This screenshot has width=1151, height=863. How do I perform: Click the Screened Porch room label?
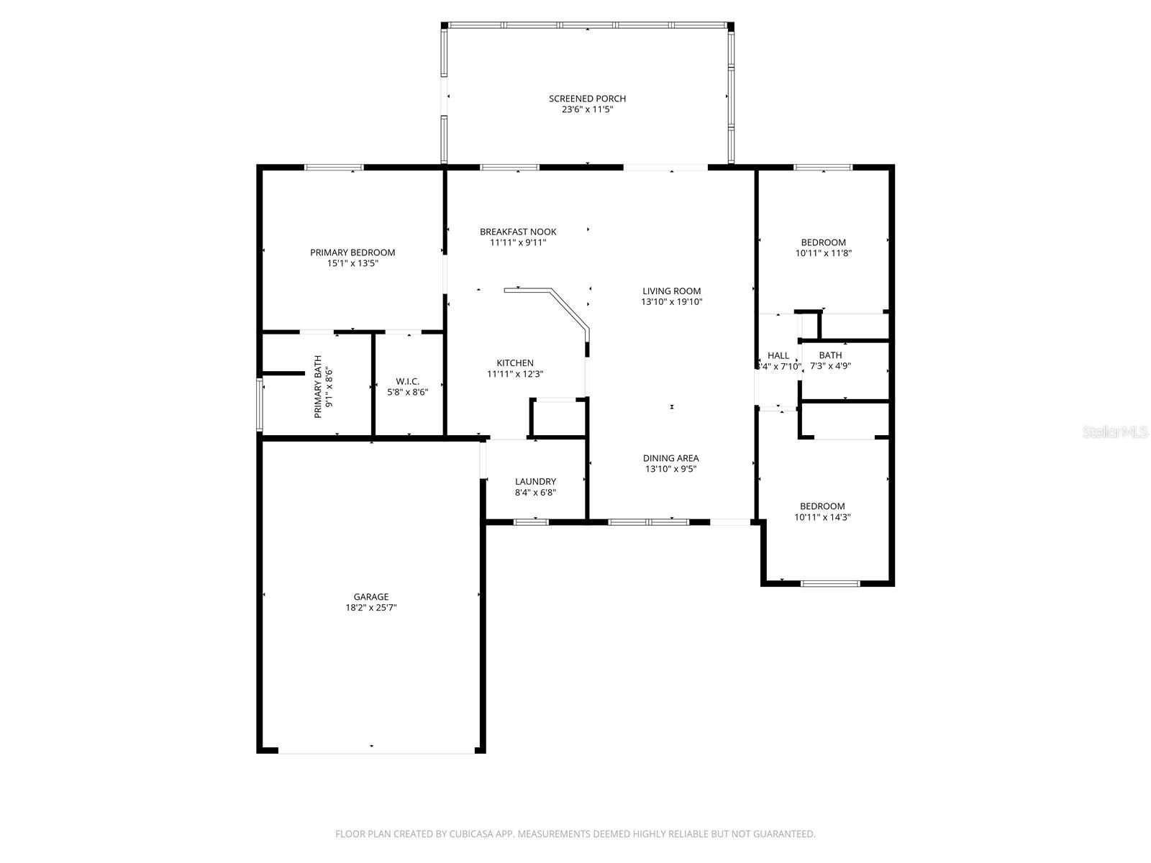587,99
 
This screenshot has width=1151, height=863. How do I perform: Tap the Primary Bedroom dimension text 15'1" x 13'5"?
352,264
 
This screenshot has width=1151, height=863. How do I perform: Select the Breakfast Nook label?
518,232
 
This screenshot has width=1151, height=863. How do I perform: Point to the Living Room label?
671,291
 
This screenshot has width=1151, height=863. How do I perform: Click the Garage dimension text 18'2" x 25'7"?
370,608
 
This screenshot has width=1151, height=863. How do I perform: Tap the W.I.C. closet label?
407,381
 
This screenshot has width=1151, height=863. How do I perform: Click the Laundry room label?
535,481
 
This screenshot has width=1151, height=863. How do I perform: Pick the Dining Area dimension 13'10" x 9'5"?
670,469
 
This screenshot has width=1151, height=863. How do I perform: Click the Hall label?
778,355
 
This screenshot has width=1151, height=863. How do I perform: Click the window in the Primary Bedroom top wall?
334,168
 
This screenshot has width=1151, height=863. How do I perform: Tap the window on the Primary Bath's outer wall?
260,405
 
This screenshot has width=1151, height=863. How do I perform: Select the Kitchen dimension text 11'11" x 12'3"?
515,374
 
